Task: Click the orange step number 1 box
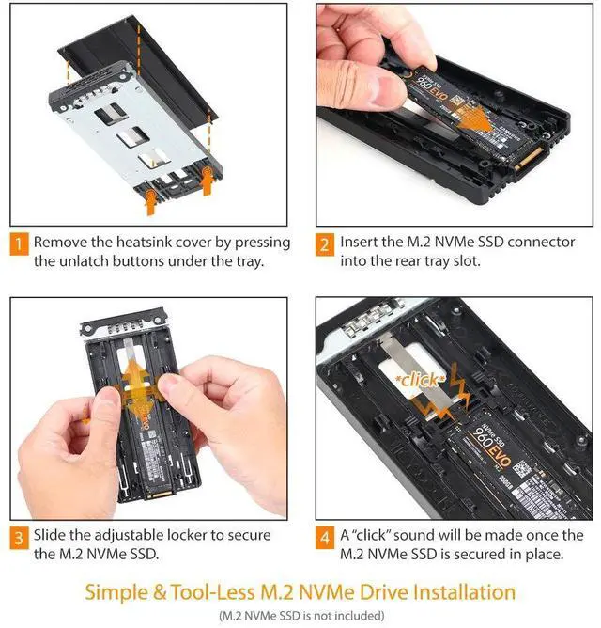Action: pos(17,243)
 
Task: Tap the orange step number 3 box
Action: pos(17,537)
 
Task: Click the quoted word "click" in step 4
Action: pos(384,535)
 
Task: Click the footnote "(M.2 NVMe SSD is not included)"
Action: pos(300,616)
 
